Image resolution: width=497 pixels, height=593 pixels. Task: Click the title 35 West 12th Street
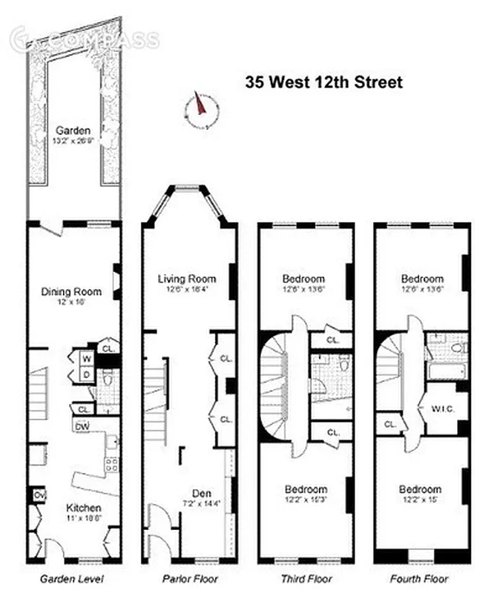(324, 82)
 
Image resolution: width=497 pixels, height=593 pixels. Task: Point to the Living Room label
(186, 279)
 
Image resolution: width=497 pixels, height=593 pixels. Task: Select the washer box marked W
(86, 359)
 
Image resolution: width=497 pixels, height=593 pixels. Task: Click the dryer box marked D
(86, 374)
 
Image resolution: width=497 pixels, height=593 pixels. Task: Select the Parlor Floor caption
(190, 579)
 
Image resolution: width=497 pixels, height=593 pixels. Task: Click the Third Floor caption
(306, 579)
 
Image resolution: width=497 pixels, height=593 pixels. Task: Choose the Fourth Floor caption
(423, 579)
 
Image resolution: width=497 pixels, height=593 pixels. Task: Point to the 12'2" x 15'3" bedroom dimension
(306, 501)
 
